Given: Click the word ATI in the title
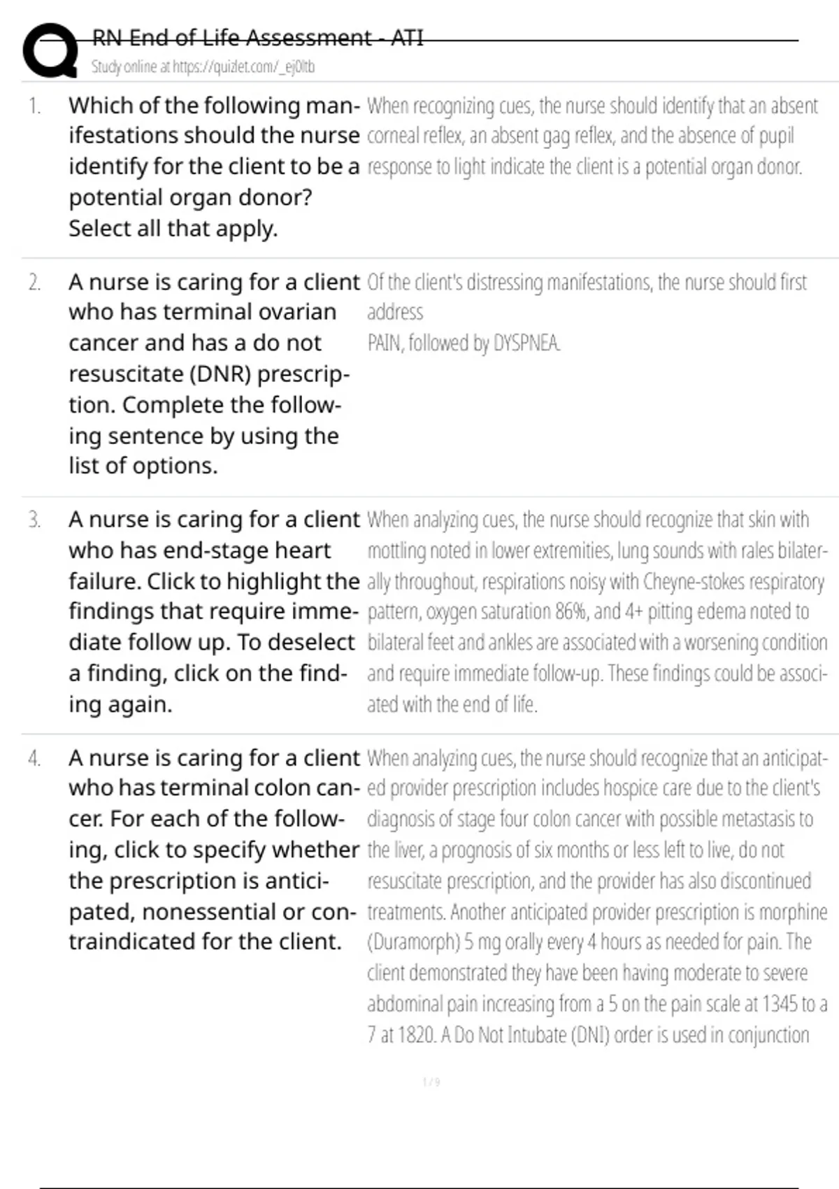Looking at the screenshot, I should click(407, 38).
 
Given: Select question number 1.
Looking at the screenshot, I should click(34, 106).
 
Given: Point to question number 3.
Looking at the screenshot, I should click(34, 520).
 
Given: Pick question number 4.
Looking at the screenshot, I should click(34, 759).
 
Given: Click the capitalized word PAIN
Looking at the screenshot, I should click(382, 343).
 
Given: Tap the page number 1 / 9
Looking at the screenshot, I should click(431, 1083).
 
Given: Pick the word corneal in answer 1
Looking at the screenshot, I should click(391, 136).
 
